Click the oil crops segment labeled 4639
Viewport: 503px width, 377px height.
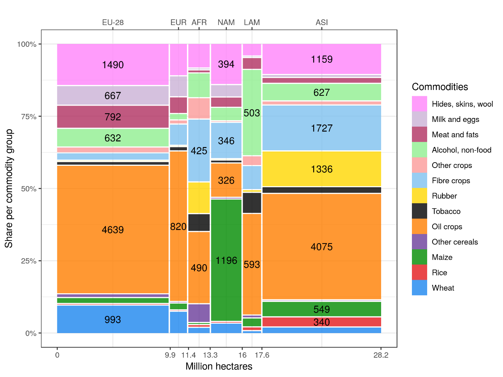point(113,229)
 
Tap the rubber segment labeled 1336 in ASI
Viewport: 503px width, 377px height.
point(322,169)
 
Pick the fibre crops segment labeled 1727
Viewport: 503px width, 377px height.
point(322,128)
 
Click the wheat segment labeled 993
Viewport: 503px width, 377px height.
point(113,319)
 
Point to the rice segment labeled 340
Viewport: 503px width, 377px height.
point(322,322)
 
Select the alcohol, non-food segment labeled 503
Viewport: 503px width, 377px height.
point(252,113)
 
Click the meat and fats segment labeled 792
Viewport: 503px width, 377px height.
point(113,117)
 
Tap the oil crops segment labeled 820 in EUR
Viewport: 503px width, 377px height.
point(178,226)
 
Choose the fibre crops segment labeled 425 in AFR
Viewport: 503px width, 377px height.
point(199,151)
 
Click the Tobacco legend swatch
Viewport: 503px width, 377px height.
point(420,211)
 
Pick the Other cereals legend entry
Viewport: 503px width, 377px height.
point(455,242)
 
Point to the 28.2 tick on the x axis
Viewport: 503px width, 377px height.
point(381,355)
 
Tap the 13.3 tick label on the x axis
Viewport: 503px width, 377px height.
point(210,355)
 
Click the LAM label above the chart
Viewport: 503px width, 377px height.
point(252,22)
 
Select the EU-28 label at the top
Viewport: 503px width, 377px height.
point(113,22)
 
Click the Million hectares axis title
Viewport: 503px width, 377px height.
point(219,366)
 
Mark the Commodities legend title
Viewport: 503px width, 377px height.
point(440,87)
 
